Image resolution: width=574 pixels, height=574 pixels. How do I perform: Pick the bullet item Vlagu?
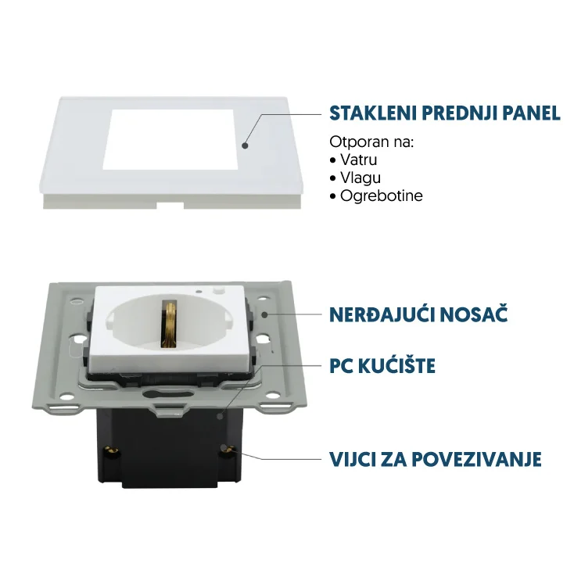361,178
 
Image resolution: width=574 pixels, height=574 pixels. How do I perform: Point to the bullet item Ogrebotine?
381,196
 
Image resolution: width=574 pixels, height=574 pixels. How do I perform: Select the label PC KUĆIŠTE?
382,365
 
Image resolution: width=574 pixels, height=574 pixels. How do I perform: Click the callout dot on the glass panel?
245,145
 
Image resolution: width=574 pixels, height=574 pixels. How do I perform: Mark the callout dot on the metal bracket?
265,314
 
